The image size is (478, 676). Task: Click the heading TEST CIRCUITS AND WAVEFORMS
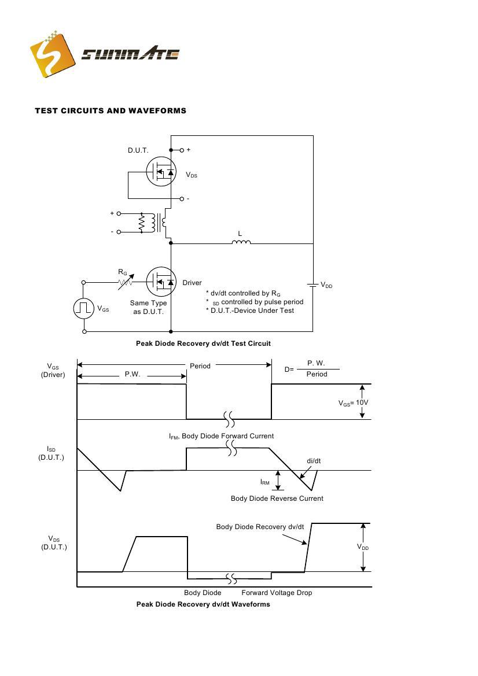point(111,110)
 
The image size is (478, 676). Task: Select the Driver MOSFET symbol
point(161,282)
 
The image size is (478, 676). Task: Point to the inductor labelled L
point(241,242)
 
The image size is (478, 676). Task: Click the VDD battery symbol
point(313,285)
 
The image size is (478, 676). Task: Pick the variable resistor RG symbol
point(125,282)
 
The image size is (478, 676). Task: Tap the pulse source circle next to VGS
point(84,308)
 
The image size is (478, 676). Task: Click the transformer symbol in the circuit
point(153,223)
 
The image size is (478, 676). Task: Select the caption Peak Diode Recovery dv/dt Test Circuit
point(203,343)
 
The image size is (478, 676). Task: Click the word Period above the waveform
point(200,366)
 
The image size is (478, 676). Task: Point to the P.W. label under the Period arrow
point(133,375)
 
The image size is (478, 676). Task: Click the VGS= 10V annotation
point(354,403)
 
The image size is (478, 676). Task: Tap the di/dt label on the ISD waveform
point(314,461)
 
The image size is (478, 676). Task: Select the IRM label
point(264,482)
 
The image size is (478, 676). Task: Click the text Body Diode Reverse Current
point(277,498)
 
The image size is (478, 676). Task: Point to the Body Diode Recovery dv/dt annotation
point(260,527)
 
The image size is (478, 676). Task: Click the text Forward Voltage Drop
point(277,593)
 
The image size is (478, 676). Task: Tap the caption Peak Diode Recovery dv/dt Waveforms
point(203,604)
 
